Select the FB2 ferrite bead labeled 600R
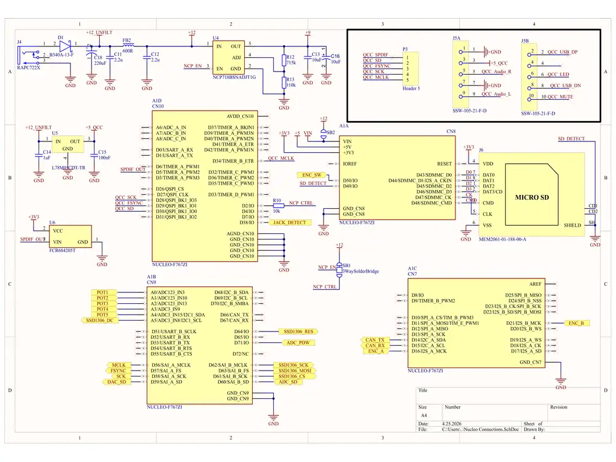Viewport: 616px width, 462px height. point(128,45)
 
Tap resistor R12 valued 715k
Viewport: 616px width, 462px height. point(284,60)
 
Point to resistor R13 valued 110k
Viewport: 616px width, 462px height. point(284,82)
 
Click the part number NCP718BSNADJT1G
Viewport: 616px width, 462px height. point(234,77)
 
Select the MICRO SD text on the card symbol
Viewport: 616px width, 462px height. point(532,197)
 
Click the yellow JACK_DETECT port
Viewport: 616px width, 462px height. point(289,223)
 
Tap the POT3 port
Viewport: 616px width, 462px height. point(103,304)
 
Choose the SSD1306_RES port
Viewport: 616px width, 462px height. point(298,331)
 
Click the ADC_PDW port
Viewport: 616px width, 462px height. point(298,343)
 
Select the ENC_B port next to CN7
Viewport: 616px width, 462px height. point(576,323)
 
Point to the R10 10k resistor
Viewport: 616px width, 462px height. point(277,203)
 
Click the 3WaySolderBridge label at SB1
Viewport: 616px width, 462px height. point(361,271)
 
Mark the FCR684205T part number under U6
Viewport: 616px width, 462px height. point(62,250)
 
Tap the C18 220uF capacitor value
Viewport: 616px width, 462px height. point(100,63)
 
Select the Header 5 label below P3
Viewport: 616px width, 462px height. point(411,88)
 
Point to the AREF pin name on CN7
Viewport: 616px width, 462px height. point(535,284)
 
